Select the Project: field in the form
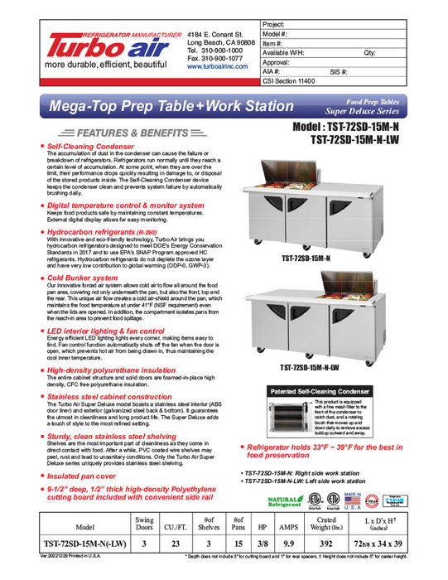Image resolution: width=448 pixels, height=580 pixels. (x=348, y=24)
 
